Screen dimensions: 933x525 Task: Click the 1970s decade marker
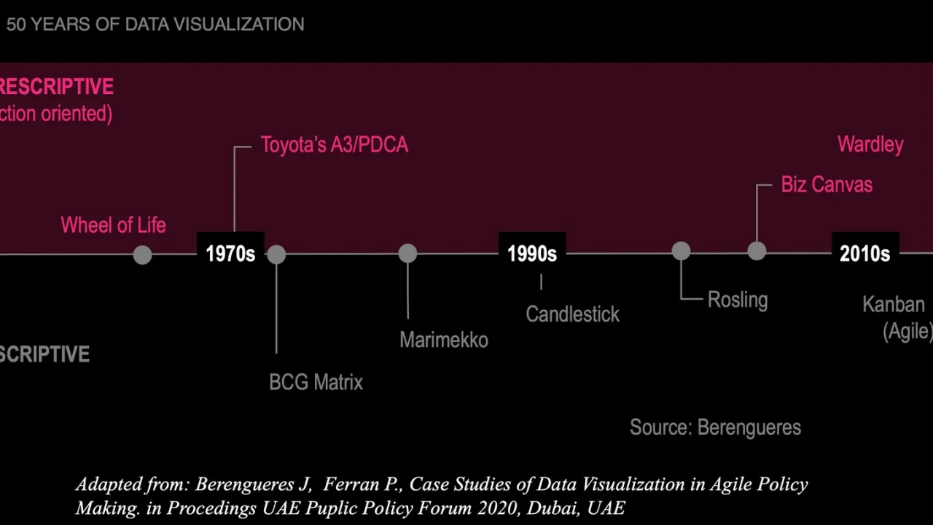230,254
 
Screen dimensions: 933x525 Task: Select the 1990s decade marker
532,254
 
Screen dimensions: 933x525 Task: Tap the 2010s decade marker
865,254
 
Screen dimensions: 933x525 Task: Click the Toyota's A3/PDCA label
335,145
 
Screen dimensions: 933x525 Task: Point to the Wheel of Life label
113,225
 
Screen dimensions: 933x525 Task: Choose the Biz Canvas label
827,184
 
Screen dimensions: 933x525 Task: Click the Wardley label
870,145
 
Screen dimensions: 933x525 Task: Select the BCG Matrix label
316,382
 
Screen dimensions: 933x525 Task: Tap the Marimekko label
444,340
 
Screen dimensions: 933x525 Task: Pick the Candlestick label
573,314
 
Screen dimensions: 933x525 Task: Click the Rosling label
738,300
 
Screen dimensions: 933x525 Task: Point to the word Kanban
894,305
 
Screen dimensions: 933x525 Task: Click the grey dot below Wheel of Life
142,255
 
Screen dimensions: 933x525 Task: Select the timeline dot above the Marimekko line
407,253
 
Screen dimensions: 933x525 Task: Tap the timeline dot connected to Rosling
681,252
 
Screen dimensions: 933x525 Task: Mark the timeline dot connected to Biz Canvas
757,252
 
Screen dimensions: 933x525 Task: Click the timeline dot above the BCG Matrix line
276,254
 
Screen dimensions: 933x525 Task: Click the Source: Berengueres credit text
716,427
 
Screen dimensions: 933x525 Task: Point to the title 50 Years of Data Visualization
155,24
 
